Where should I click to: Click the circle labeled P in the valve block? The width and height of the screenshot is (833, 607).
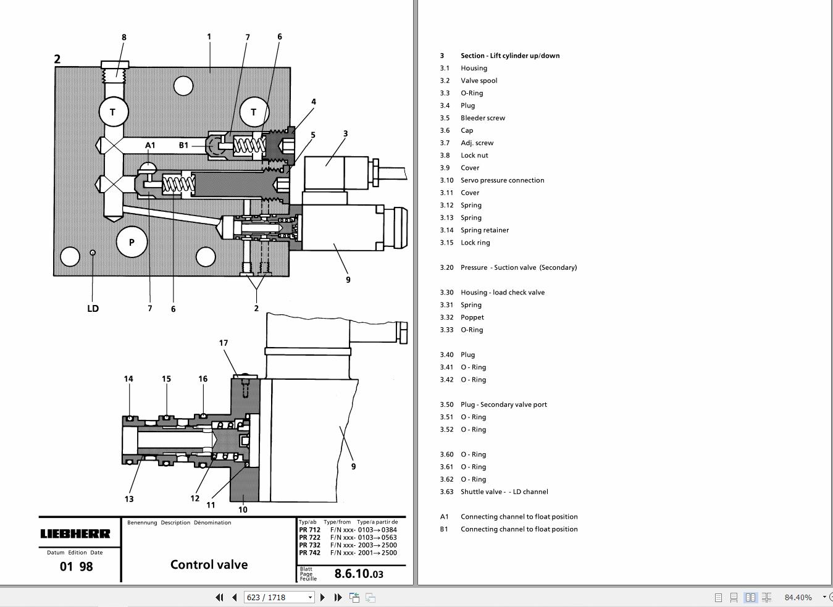pos(132,243)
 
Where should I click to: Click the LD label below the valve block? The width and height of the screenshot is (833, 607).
pos(93,308)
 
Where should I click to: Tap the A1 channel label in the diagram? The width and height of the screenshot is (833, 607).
pos(150,146)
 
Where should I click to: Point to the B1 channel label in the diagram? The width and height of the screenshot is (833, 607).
pos(183,146)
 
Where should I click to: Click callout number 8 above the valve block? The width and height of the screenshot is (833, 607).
pos(123,38)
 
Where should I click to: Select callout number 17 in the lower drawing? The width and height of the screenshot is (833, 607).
pos(224,343)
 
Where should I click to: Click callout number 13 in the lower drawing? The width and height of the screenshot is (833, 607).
pos(129,499)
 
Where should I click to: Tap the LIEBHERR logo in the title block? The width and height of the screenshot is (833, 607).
pos(75,534)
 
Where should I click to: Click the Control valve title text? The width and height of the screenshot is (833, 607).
pos(209,564)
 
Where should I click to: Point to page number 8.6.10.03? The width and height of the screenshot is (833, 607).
pos(359,574)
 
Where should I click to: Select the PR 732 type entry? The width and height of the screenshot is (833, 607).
pos(309,545)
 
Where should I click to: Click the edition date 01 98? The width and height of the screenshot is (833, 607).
pos(77,566)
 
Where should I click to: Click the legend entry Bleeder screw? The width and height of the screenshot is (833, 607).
pos(482,118)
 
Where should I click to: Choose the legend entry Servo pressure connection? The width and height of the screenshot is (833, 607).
pos(502,180)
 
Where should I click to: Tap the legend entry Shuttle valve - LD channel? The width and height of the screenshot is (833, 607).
pos(504,492)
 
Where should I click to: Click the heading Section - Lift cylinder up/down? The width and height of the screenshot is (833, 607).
pos(509,56)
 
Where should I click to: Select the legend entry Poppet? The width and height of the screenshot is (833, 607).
pos(472,317)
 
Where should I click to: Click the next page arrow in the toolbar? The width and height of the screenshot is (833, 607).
pos(322,597)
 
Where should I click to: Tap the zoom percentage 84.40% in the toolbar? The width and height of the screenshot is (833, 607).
pos(798,597)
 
